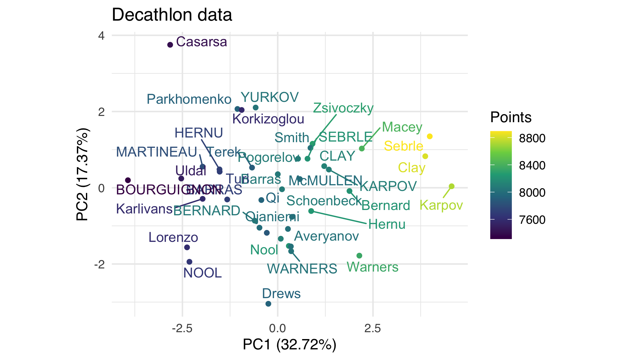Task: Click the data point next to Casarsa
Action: click(x=170, y=45)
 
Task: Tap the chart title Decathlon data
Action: click(x=172, y=15)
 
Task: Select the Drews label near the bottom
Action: click(x=281, y=294)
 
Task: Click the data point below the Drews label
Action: click(x=268, y=304)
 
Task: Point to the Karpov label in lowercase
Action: click(x=441, y=206)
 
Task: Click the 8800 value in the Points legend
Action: click(x=532, y=138)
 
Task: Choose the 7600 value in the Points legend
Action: click(x=532, y=220)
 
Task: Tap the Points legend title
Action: click(x=511, y=117)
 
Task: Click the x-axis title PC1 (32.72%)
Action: click(x=289, y=345)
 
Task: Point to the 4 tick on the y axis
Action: click(x=101, y=36)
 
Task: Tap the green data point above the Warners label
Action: click(x=359, y=256)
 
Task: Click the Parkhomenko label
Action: click(x=189, y=99)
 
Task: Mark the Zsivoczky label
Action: click(x=343, y=108)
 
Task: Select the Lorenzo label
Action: click(x=173, y=237)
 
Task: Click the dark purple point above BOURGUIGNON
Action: click(x=128, y=180)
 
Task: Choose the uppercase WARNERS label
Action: click(x=302, y=269)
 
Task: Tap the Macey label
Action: click(x=402, y=127)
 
